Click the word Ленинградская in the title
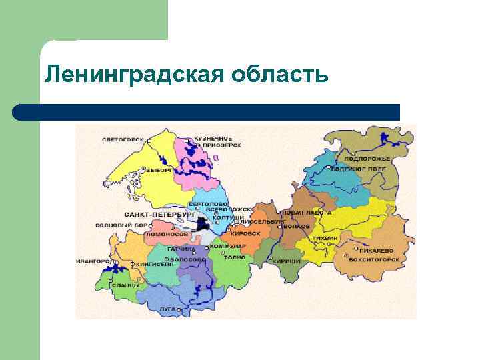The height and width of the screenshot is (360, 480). tap(133, 75)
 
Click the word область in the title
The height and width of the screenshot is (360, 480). tap(279, 75)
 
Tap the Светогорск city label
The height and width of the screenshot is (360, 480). tap(123, 140)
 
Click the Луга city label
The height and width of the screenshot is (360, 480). tap(167, 309)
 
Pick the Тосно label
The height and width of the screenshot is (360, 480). tap(234, 257)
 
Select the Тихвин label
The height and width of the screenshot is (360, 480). tap(324, 237)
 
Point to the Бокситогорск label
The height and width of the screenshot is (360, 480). tap(377, 259)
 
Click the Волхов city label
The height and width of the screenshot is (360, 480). tap(297, 226)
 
